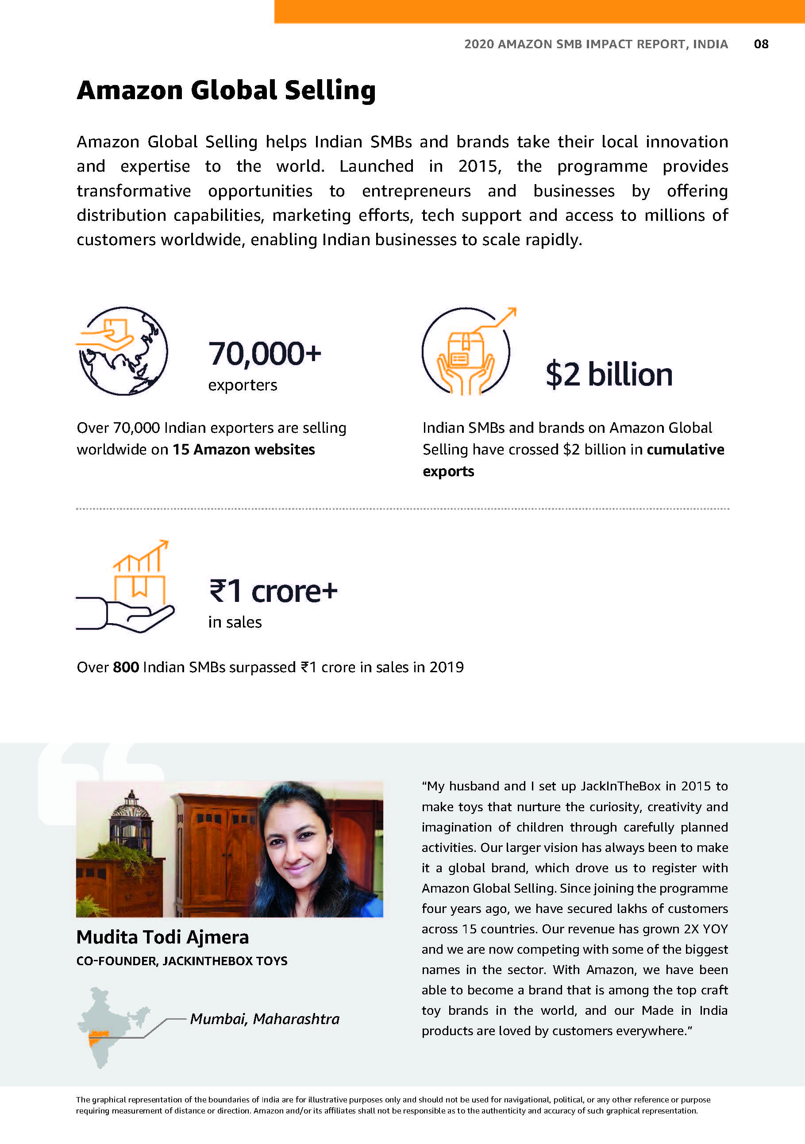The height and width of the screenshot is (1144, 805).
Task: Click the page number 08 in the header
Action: click(x=761, y=44)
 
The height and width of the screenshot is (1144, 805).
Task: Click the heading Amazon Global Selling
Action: click(x=226, y=90)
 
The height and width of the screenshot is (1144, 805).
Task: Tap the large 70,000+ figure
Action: click(x=265, y=353)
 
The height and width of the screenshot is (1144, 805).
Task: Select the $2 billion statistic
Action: click(x=609, y=374)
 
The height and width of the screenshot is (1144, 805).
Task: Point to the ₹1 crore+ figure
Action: click(x=273, y=591)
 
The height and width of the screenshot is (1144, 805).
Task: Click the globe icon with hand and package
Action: click(x=123, y=351)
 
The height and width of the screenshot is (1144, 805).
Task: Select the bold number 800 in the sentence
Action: click(x=126, y=667)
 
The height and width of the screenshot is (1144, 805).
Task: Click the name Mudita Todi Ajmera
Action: click(x=162, y=937)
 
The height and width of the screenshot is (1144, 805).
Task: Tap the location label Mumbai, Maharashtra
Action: click(x=265, y=1018)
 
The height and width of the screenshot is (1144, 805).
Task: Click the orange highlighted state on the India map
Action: click(x=98, y=1038)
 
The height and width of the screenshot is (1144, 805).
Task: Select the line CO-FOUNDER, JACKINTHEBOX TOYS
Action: click(x=182, y=961)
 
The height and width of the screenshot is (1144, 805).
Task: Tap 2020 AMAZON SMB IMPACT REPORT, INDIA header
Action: click(x=596, y=44)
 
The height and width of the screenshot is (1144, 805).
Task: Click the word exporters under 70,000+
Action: click(x=243, y=385)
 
